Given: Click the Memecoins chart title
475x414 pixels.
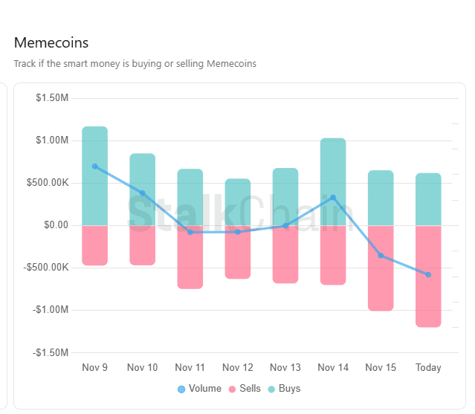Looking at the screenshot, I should click(x=51, y=42).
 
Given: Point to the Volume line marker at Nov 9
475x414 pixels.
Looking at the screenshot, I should click(x=94, y=166).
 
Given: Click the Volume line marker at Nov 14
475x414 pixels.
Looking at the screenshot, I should click(x=333, y=198).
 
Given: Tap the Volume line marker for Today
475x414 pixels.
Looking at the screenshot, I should click(x=428, y=275).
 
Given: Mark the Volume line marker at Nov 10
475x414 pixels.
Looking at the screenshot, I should click(x=142, y=193).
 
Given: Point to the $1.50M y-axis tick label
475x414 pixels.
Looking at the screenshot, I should click(x=52, y=98).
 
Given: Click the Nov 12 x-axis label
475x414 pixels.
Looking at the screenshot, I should click(x=238, y=368).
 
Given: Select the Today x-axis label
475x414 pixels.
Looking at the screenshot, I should click(x=428, y=368).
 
